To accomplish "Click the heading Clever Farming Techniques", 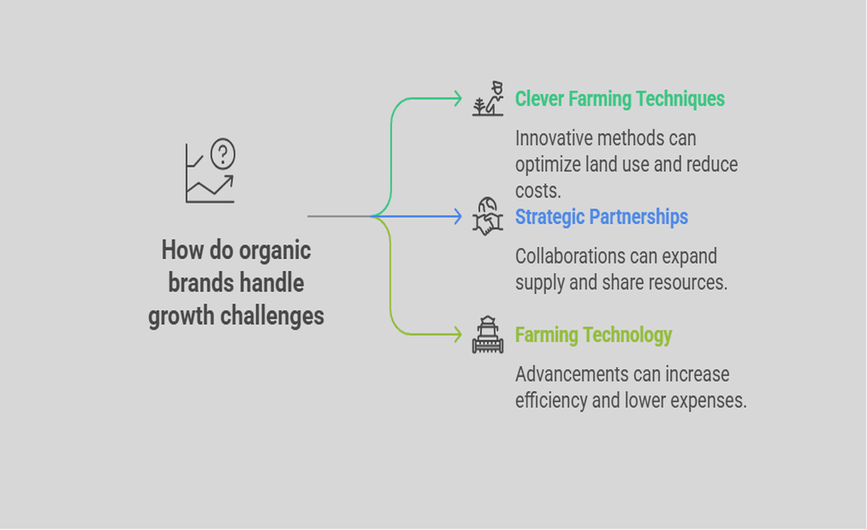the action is pos(620,99).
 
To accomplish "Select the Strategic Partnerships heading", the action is pos(601,217).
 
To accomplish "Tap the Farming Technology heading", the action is pos(593,335).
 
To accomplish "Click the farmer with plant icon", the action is pos(488,99).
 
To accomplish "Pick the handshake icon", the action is pos(488,216).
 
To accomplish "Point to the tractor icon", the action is pos(488,334).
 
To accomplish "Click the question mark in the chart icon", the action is pos(223,154).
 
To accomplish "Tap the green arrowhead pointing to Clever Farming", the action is pos(458,99).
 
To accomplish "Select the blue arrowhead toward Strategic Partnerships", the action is pos(458,216).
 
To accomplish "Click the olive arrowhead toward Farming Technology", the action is pos(458,334).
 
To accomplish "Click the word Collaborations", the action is pos(567,256).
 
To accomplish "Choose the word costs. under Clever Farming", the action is pos(538,191).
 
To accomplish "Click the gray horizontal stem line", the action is pos(339,216).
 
